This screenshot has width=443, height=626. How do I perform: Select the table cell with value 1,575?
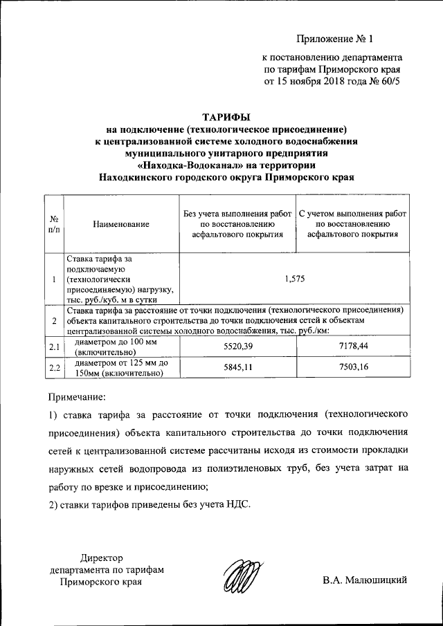(x=294, y=279)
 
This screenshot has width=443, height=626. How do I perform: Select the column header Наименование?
(x=120, y=224)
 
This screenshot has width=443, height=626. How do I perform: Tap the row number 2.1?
(x=54, y=346)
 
